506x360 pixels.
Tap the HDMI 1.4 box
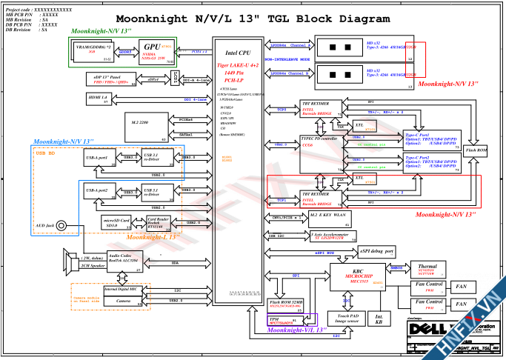(99, 99)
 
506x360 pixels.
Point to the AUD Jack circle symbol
(61, 226)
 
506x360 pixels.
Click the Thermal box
(426, 270)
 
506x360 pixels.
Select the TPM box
(282, 320)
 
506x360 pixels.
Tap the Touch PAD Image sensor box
(349, 319)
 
